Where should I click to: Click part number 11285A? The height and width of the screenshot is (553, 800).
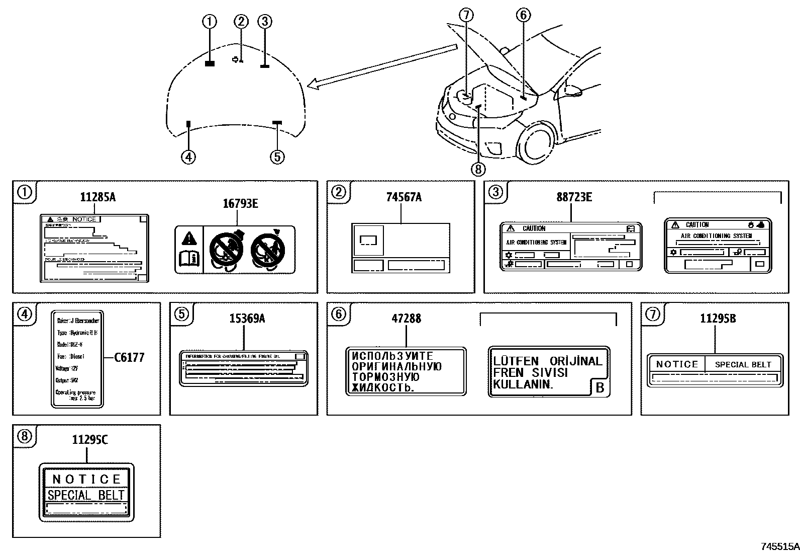[x=97, y=197]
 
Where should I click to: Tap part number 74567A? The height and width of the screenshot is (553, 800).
[x=404, y=197]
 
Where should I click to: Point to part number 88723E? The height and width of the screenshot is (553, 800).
[x=574, y=197]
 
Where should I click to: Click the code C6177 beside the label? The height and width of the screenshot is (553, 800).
[x=129, y=358]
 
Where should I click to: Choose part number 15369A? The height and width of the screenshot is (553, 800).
[x=247, y=319]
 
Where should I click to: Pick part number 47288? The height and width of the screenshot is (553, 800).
[x=406, y=319]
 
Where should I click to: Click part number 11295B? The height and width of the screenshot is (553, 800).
[x=718, y=319]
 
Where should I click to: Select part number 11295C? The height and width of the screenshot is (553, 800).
[x=89, y=440]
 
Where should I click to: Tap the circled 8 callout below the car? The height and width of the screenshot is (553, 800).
[x=478, y=169]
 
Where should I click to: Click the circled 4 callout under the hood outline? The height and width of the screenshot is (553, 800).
[x=188, y=157]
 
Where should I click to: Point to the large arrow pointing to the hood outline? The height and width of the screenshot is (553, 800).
[x=382, y=66]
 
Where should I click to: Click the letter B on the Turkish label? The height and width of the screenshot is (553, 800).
[x=599, y=388]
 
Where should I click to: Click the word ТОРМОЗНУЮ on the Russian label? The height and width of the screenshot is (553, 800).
[x=386, y=377]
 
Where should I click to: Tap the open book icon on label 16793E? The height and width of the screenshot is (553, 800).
[x=189, y=259]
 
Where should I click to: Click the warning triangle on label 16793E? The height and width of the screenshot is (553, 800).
[x=189, y=238]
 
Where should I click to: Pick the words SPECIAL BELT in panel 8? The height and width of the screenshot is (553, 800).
[x=85, y=495]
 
